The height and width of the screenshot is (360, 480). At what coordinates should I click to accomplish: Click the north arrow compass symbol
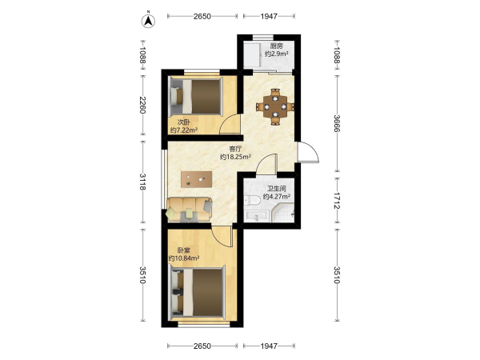coord(148,21)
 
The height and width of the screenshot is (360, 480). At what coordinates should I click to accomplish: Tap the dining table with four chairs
coord(275,107)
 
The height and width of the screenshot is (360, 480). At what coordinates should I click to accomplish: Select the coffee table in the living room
coord(197,179)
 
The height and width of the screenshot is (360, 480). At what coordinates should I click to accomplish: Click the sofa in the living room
coord(190,210)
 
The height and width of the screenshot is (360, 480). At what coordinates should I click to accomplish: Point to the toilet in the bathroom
coord(253,200)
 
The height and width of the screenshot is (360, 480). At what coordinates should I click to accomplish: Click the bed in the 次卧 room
coord(197,97)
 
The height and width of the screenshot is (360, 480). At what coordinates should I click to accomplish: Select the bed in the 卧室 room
coord(198,291)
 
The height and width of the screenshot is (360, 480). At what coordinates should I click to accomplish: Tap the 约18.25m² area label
coord(236,157)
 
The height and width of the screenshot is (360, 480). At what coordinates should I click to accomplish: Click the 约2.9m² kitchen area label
coord(277,54)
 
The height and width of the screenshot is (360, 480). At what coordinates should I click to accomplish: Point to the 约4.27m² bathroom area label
coord(277,197)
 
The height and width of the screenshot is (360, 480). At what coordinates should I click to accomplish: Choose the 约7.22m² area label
coord(184,130)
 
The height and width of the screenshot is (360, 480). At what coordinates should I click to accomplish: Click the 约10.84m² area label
coord(184,258)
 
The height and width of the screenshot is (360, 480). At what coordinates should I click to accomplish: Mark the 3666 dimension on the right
coord(337,123)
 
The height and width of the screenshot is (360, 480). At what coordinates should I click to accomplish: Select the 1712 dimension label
coord(337,201)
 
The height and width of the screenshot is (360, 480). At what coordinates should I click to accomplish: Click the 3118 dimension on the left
coord(142,182)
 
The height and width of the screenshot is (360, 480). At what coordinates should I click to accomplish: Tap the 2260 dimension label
coord(142,105)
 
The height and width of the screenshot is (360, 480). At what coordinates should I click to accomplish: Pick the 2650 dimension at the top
coord(202,16)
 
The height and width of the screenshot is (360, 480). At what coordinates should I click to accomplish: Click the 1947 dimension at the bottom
coord(269,346)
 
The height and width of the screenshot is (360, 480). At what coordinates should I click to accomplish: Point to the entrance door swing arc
coord(314,150)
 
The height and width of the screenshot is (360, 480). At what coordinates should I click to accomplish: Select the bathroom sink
coord(257,217)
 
